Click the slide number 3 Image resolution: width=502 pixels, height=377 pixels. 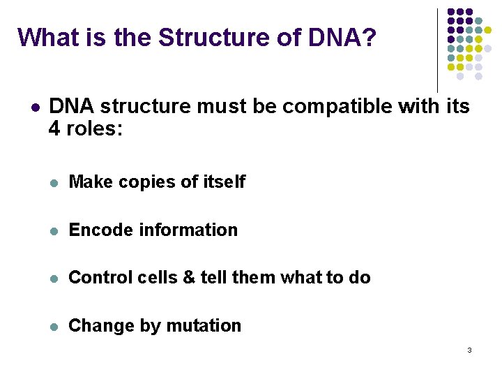pyautogui.click(x=469, y=350)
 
